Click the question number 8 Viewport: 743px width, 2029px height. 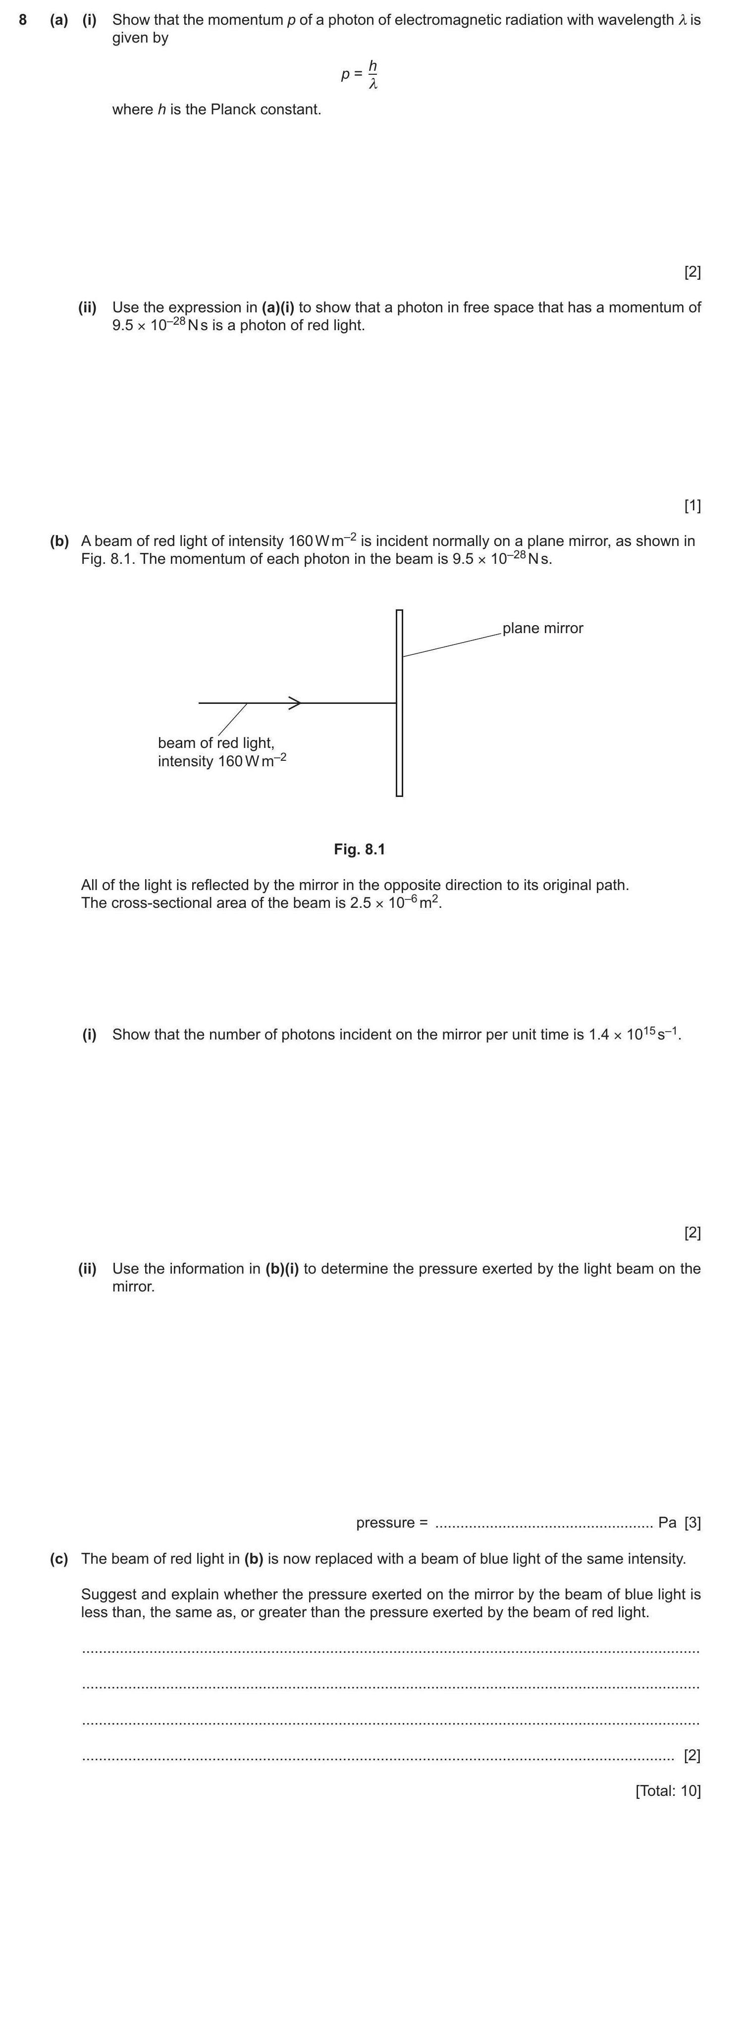pos(23,20)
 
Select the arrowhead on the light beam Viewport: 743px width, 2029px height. pos(295,702)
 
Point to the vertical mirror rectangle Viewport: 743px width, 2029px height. pos(399,702)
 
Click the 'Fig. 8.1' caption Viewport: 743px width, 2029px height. pos(359,849)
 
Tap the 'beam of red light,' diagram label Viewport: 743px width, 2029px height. pos(216,743)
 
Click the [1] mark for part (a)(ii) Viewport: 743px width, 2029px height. pos(692,506)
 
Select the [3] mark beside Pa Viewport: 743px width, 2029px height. pos(692,1523)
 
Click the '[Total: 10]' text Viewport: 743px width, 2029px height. pos(667,1790)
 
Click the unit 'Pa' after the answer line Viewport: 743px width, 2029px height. pos(667,1523)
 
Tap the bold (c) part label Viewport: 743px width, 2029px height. pos(59,1559)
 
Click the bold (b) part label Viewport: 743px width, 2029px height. pos(59,541)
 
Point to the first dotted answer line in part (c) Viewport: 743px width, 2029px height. pos(390,1649)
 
